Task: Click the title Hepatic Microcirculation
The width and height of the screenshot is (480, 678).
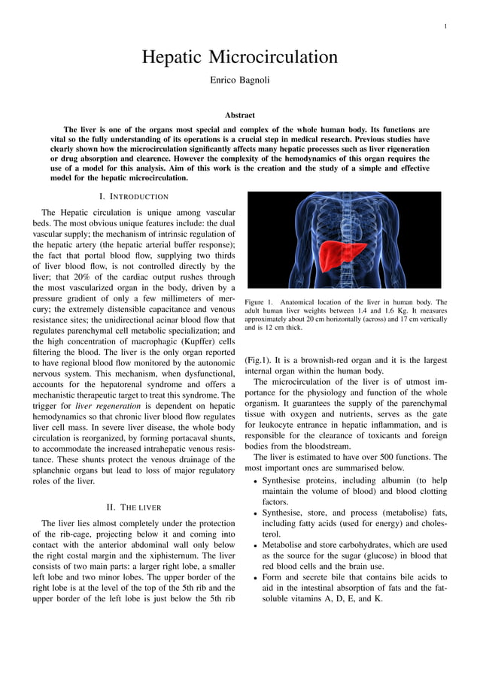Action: [240, 57]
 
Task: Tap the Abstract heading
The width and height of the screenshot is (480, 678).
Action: [240, 115]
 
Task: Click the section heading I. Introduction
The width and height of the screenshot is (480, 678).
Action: [134, 196]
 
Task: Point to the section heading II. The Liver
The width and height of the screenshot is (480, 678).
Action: [134, 507]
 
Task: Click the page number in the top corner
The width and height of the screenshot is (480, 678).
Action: [445, 27]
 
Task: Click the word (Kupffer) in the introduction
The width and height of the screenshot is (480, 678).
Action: [197, 342]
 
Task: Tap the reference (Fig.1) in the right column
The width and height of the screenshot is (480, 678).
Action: [258, 360]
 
